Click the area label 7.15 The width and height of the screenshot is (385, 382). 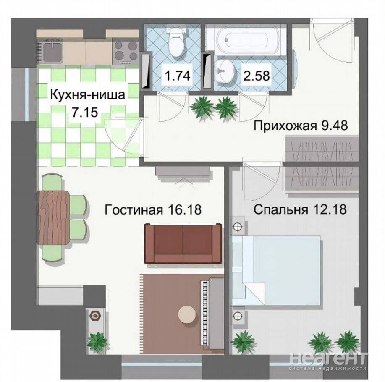[85, 112]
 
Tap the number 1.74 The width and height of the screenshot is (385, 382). [178, 75]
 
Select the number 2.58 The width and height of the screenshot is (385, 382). [257, 76]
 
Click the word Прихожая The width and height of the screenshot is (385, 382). [285, 126]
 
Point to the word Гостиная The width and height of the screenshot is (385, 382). [134, 210]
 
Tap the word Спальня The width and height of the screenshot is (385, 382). [280, 210]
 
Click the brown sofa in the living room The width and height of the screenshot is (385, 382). [183, 244]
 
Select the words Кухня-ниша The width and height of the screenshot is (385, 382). [88, 95]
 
